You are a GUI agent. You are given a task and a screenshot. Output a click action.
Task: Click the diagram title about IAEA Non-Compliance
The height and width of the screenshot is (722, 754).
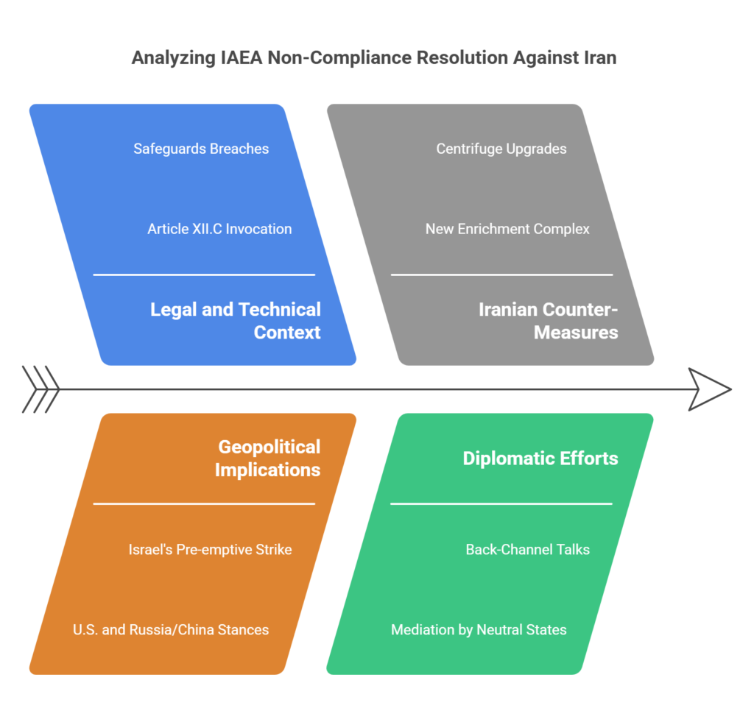[373, 57]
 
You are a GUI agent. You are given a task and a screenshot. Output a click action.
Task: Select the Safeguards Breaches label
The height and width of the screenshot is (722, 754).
[201, 149]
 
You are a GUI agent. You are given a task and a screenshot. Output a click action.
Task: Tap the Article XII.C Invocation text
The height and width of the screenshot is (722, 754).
[219, 229]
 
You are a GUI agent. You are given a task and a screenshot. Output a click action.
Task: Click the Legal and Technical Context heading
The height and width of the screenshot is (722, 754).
[236, 320]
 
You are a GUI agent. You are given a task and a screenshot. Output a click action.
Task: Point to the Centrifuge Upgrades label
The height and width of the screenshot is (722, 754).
[501, 149]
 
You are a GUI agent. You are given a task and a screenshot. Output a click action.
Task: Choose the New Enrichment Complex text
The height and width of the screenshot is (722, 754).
[507, 229]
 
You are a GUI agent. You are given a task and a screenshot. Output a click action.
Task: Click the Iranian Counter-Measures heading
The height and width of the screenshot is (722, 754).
[549, 320]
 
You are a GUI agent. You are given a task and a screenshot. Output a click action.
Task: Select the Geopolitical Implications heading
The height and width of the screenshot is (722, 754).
[269, 458]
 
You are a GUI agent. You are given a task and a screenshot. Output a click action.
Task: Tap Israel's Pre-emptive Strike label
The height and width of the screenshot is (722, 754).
[210, 549]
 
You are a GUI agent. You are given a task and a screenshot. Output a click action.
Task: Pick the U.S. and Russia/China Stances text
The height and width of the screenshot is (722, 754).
[171, 629]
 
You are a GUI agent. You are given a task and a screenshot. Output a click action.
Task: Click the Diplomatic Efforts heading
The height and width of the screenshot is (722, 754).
[540, 458]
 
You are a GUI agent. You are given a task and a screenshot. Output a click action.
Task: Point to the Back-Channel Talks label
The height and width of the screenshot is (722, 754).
[527, 549]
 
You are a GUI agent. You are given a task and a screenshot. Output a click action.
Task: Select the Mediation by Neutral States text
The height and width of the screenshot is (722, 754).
[479, 629]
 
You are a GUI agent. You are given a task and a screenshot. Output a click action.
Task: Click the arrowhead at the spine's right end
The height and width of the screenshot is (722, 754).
[708, 389]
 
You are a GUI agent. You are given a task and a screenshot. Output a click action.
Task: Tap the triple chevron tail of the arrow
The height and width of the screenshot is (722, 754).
[41, 389]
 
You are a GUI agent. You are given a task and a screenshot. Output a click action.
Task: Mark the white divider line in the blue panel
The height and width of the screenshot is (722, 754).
[204, 275]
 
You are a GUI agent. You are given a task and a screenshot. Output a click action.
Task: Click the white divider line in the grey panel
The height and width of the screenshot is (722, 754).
[501, 275]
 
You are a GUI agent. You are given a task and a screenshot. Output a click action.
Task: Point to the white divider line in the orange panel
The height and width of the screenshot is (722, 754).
[204, 503]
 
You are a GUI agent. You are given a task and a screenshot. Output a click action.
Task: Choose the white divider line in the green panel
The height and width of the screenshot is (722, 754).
[501, 503]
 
